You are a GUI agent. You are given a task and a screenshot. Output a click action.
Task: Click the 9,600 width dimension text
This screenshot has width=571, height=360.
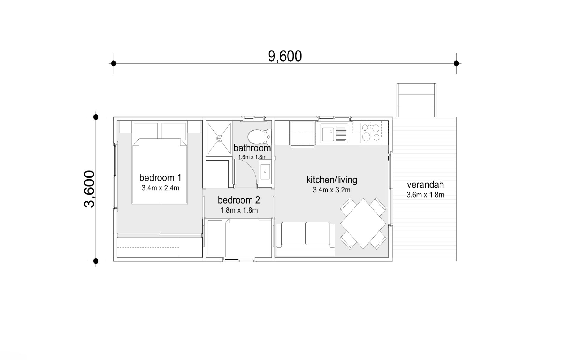coord(285,56)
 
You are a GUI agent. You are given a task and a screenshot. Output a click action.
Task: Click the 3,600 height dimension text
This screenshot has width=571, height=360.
coord(90,189)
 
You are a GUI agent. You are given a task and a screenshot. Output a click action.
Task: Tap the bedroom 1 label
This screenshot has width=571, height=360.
coord(160,178)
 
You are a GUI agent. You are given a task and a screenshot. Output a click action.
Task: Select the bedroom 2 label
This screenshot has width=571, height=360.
coord(239,200)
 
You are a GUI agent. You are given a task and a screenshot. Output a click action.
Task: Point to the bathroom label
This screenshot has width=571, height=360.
coord(252,148)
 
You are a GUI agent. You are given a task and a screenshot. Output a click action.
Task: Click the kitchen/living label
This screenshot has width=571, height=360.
coord(332,180)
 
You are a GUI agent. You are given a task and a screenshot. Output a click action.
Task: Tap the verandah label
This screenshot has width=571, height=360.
coord(425,185)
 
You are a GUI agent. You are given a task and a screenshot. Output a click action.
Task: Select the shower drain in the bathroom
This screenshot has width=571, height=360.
coord(219,138)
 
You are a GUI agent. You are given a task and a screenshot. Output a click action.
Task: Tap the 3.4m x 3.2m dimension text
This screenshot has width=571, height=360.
coord(332,190)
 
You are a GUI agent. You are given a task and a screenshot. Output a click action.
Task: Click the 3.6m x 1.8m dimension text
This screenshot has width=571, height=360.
coord(425,195)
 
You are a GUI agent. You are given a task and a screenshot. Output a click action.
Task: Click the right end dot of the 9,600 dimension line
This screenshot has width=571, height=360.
coord(456,63)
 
